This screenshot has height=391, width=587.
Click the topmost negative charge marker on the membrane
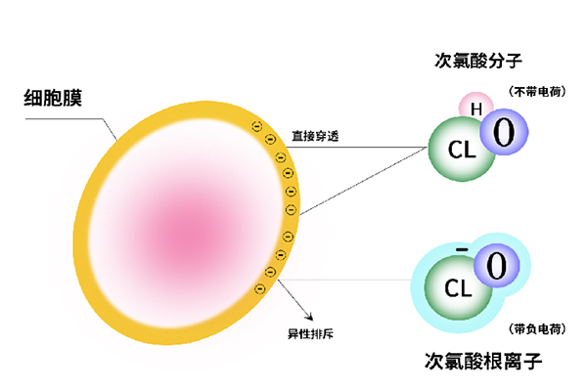point(256,125)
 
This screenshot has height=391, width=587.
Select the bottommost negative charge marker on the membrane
point(259,287)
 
